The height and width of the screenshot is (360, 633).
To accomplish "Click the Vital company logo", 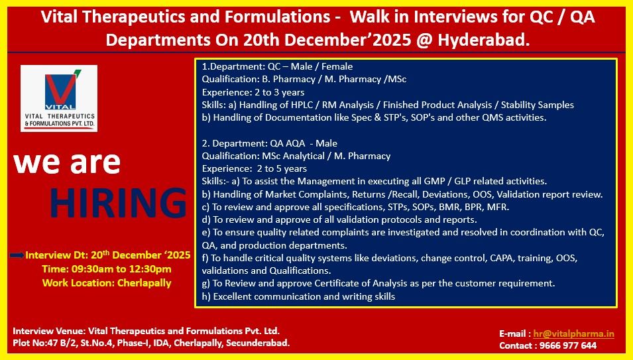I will pos(58,97).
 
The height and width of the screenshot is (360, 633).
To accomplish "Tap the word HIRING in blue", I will pos(117,203).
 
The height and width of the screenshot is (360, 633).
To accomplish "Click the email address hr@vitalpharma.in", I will pos(575,334).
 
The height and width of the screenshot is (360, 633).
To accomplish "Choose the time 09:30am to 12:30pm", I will pos(107,269).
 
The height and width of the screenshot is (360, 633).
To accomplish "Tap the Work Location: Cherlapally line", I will pos(107,283).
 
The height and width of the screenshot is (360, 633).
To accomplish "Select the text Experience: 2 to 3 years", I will pos(253,92).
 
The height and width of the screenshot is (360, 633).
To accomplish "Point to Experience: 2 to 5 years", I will pos(255,168).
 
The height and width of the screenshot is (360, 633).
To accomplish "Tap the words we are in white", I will pos(67,162).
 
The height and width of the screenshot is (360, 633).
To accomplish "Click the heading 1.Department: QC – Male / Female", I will pos(277,66).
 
